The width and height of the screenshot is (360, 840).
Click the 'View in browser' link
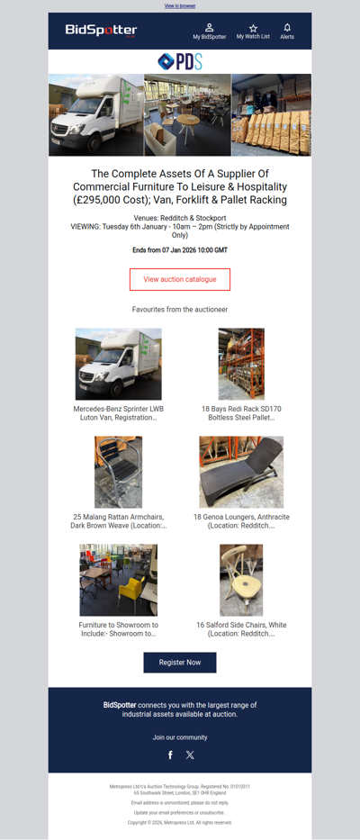point(180,5)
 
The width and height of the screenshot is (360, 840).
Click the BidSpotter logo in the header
point(101,31)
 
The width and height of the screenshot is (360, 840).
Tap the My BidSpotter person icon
point(209,28)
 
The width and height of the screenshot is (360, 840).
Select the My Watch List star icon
point(253,28)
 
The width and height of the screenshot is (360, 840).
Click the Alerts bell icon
point(287,28)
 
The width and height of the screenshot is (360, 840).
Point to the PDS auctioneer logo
point(180,61)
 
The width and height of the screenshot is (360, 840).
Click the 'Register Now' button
point(180,662)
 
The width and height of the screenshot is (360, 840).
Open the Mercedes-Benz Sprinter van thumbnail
point(119,364)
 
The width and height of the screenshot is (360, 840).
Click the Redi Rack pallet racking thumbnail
point(241,364)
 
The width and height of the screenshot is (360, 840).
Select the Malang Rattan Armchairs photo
point(119,473)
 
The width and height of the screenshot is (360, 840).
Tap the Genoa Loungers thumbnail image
point(241,473)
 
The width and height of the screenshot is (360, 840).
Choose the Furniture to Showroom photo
point(119,580)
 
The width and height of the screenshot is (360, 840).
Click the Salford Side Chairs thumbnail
point(241,580)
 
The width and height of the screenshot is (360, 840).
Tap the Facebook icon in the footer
point(170,754)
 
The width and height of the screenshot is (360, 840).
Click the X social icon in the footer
point(190,754)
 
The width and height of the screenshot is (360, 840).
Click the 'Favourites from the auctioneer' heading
point(180,309)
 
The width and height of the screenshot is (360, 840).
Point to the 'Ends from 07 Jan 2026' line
point(180,249)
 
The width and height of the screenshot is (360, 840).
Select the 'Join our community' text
point(180,736)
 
